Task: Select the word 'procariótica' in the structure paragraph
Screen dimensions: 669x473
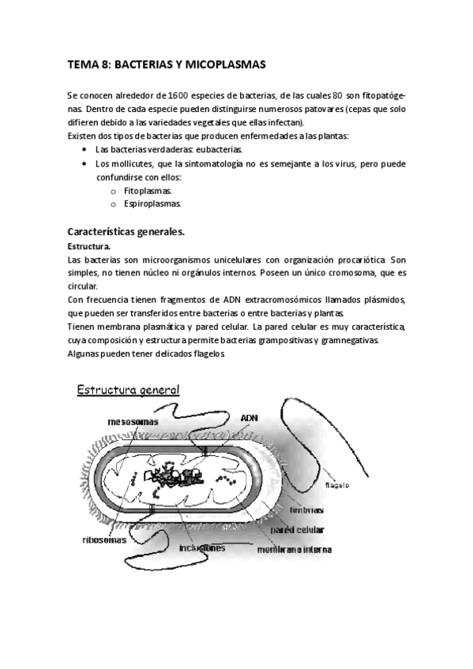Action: click(x=358, y=260)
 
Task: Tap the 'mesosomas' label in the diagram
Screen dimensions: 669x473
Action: click(x=132, y=422)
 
